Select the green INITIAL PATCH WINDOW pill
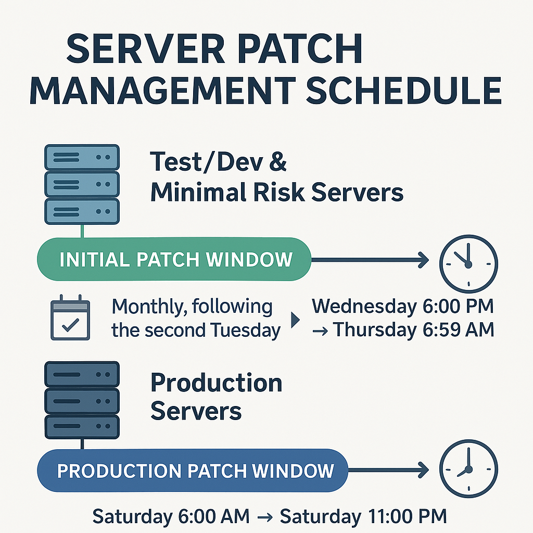[175, 259]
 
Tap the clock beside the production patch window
[468, 469]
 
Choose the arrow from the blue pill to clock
[388, 471]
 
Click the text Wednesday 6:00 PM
[402, 307]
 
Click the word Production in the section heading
[216, 384]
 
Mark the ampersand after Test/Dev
[278, 162]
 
